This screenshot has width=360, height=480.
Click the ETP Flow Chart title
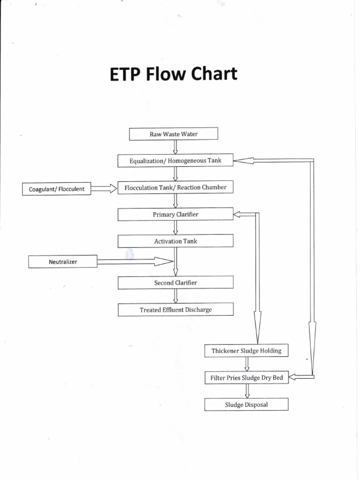[x=173, y=75]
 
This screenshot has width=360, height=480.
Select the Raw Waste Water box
[x=173, y=134]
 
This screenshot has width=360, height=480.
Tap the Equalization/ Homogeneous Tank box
[x=175, y=161]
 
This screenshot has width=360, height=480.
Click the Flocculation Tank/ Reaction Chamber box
[x=175, y=187]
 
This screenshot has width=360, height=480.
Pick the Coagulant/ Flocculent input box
[x=57, y=189]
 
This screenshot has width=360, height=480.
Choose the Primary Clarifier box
[x=175, y=214]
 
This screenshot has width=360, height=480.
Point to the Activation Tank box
[x=175, y=241]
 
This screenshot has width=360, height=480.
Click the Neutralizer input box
[x=63, y=262]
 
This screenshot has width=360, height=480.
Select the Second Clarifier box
[x=175, y=283]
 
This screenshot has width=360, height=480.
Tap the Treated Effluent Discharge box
[x=175, y=309]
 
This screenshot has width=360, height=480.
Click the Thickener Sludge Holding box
[x=247, y=351]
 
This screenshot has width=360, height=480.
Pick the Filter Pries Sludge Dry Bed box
[x=247, y=377]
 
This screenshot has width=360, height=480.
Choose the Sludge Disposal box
[x=247, y=404]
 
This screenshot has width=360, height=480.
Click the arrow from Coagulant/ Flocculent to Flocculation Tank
[x=104, y=188]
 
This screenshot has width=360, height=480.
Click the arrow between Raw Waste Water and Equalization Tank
[x=175, y=147]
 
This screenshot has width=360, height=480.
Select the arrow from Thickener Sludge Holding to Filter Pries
[x=247, y=364]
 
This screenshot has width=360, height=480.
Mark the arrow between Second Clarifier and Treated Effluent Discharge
[x=175, y=296]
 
